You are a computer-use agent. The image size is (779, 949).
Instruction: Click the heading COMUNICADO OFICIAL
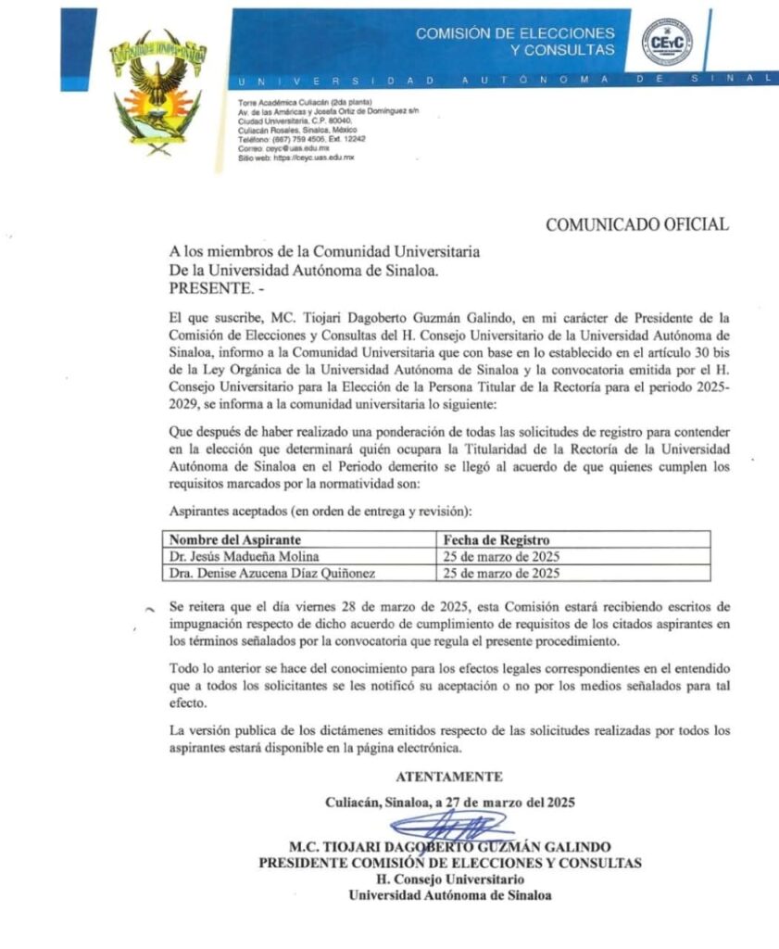point(636,224)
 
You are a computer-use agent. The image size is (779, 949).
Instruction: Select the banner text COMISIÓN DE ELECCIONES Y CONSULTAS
point(515,41)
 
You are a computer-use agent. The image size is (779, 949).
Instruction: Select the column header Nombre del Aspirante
point(235,539)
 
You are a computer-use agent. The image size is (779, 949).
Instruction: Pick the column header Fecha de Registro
point(496,539)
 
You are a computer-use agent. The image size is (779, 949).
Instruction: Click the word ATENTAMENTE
point(449,777)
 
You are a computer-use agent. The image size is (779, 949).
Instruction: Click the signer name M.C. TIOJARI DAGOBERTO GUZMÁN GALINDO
point(449,846)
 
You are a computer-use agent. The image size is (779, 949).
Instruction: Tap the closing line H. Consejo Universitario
point(449,879)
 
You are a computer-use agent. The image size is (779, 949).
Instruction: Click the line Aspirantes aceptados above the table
point(320,511)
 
